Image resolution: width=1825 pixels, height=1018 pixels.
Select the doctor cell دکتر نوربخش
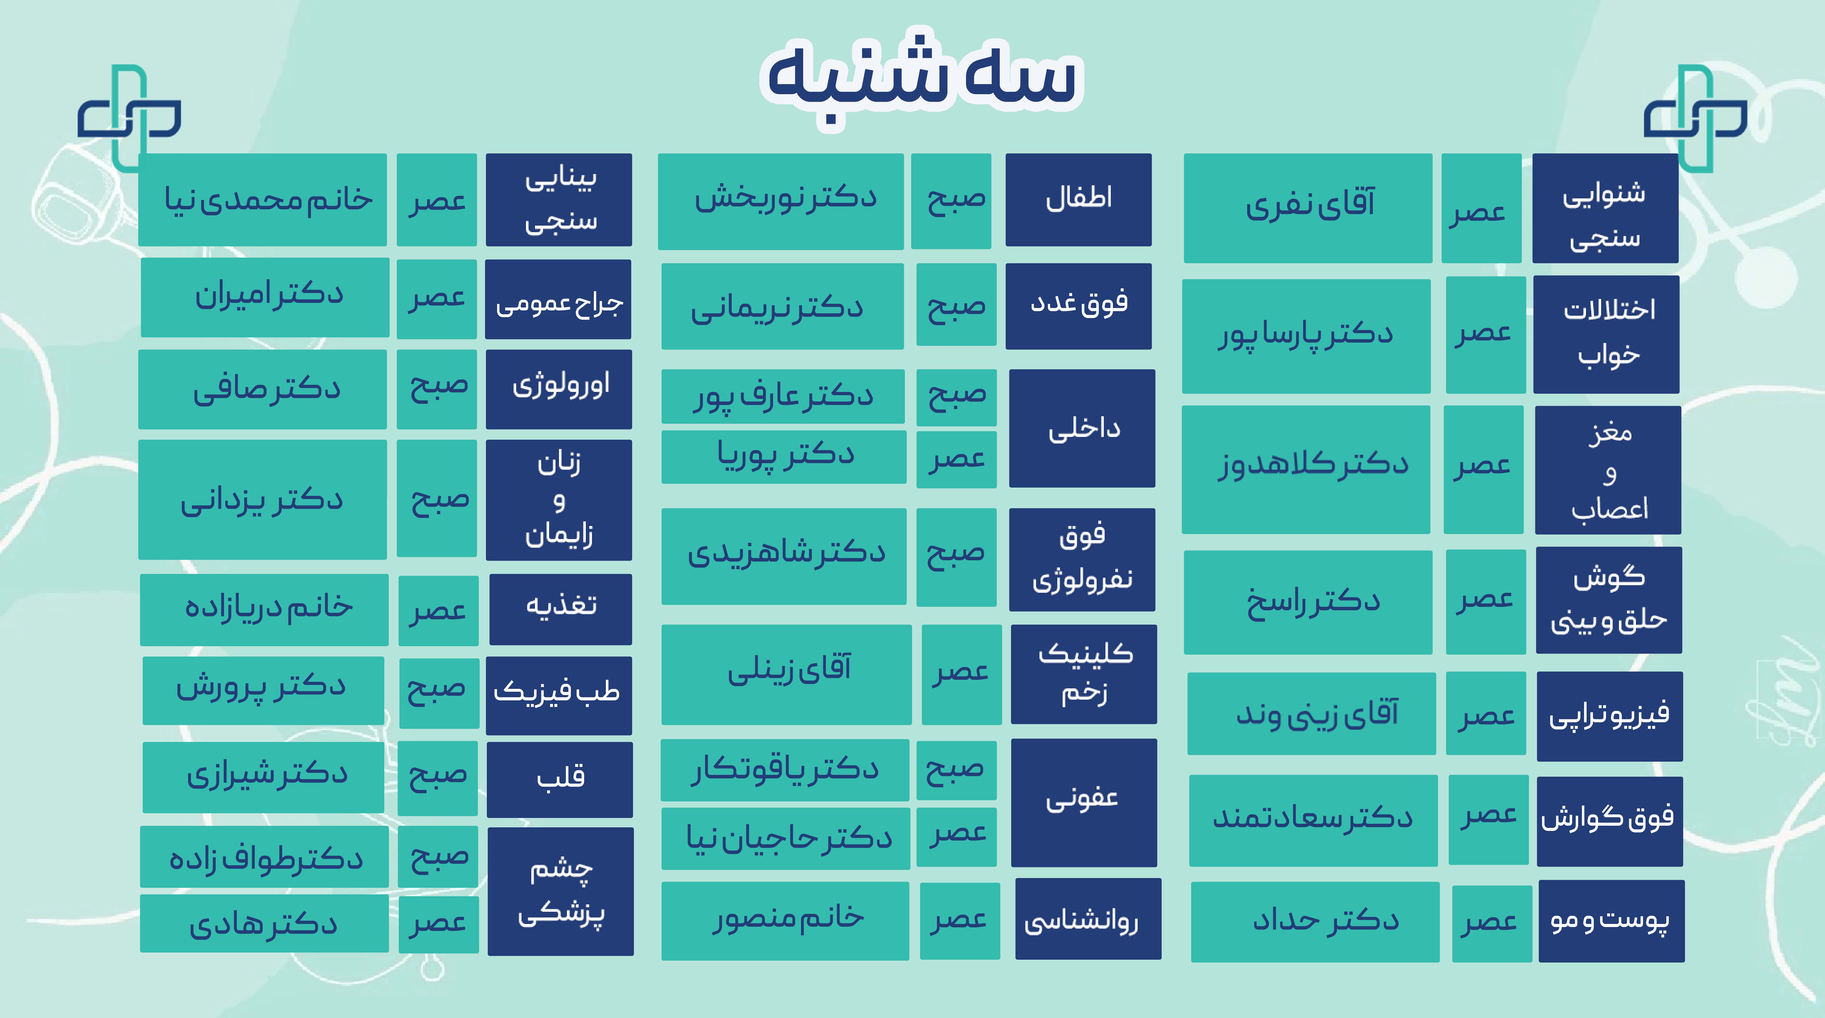(x=781, y=201)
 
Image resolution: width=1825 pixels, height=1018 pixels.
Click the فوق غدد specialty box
(x=1078, y=306)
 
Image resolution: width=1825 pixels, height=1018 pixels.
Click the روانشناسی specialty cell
(x=1088, y=919)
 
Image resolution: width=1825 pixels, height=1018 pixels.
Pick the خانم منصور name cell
(x=785, y=921)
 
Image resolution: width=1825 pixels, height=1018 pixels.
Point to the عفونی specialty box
(x=1084, y=803)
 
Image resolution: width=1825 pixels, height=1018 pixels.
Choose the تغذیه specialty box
(x=560, y=609)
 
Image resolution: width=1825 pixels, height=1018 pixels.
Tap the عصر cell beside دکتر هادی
(x=439, y=924)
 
